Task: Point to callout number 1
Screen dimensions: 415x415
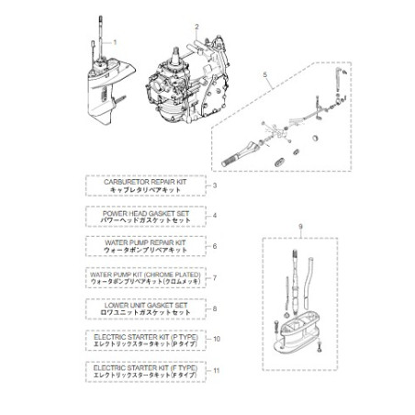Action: pos(116,43)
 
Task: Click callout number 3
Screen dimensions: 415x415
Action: pos(213,185)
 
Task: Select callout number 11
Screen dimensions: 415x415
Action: pos(216,371)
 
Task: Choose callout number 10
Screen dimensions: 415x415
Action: pos(216,340)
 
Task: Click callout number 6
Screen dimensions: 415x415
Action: pos(213,246)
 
